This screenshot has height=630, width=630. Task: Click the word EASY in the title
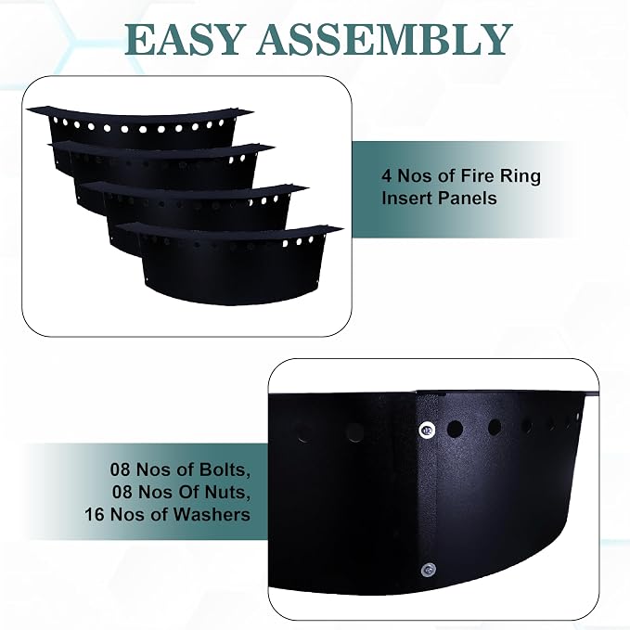click(x=183, y=40)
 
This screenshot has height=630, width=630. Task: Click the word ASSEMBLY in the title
click(x=384, y=40)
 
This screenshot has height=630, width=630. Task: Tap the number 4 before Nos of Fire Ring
click(x=386, y=176)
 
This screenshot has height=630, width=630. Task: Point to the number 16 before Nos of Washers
click(x=94, y=515)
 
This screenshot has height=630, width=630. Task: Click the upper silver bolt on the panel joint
click(x=427, y=431)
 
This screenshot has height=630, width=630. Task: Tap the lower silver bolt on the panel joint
click(x=429, y=570)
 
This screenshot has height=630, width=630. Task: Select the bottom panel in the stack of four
click(x=233, y=265)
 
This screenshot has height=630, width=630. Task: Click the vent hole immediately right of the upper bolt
click(x=455, y=429)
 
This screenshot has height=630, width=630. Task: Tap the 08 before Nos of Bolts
click(x=121, y=469)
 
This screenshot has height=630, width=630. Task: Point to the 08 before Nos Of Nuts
click(x=122, y=492)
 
